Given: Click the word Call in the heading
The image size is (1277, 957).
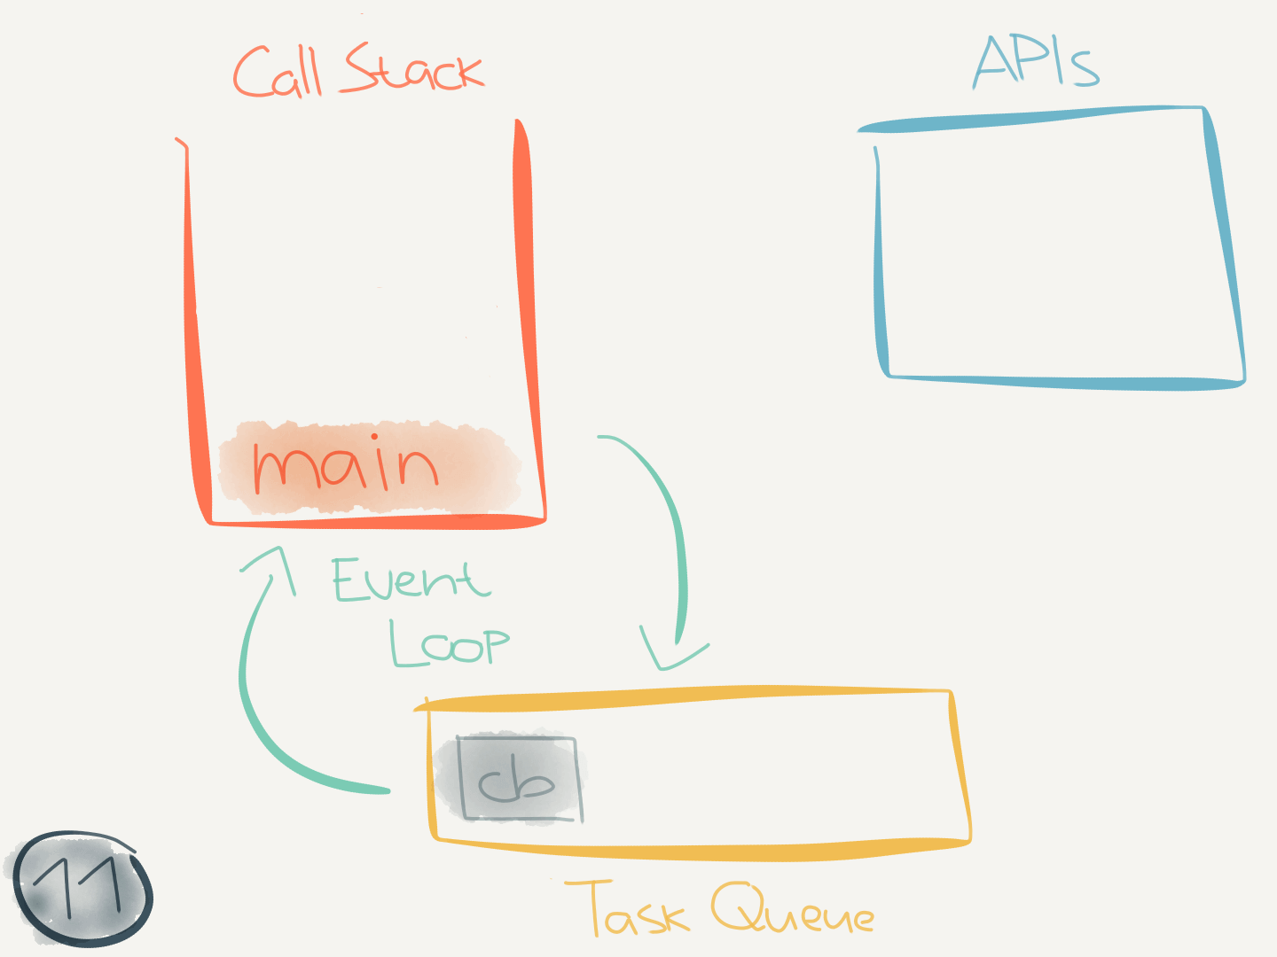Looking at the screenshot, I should click(278, 73).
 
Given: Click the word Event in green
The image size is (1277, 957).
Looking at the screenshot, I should click(411, 580).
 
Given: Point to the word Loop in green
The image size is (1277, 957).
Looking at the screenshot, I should click(450, 644).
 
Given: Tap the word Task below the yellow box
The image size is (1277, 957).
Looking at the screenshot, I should click(628, 910).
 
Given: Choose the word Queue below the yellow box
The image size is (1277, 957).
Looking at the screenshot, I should click(792, 910).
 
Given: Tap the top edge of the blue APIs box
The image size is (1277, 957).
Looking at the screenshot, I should click(1029, 120).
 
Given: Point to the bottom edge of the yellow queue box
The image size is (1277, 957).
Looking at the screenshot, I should click(701, 852).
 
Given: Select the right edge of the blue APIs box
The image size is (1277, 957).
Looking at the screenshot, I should click(1226, 248).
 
